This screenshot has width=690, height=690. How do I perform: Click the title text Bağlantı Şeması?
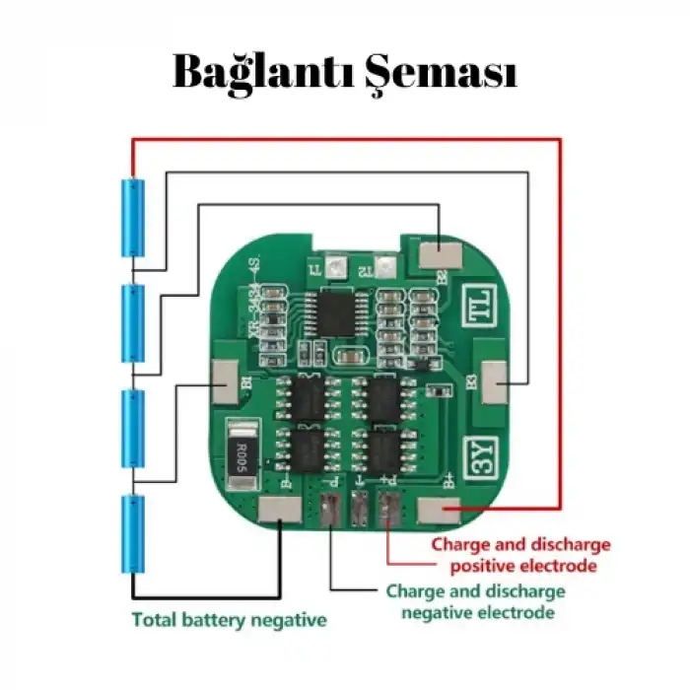click(x=345, y=72)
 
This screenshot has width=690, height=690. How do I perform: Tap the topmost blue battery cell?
click(x=133, y=217)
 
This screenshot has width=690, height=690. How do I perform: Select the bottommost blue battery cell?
click(x=133, y=534)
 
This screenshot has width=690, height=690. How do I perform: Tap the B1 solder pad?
click(x=226, y=379)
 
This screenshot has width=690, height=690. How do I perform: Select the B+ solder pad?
click(x=438, y=511)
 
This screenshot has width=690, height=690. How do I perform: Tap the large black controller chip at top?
click(x=332, y=311)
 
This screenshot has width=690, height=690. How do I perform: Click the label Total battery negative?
click(x=229, y=621)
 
